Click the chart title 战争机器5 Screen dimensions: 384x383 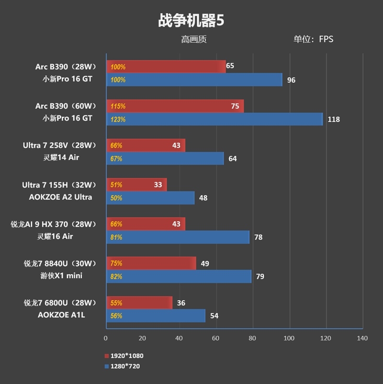click(x=191, y=21)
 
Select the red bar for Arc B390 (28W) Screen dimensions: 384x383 click(x=166, y=67)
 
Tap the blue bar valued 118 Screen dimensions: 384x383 click(x=214, y=119)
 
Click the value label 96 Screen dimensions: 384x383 click(x=291, y=80)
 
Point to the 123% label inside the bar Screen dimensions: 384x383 click(x=118, y=119)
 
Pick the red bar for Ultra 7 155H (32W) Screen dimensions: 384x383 click(x=136, y=184)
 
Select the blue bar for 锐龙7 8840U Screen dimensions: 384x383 click(x=179, y=276)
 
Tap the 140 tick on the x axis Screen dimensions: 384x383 click(x=362, y=338)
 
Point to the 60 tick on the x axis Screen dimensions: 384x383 click(x=216, y=338)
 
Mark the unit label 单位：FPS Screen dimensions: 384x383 click(x=313, y=39)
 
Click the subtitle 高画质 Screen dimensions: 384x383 click(x=194, y=39)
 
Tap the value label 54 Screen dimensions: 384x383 click(x=214, y=316)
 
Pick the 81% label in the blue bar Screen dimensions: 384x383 click(x=116, y=237)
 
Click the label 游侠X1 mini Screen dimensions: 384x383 click(x=61, y=275)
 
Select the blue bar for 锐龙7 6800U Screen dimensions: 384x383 click(x=156, y=316)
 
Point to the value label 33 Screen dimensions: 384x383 click(x=158, y=184)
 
